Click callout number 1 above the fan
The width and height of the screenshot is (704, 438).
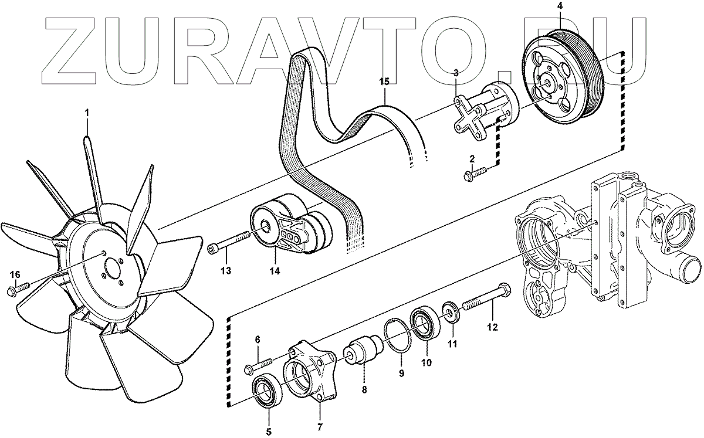87,111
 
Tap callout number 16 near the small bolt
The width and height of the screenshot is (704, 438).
15,274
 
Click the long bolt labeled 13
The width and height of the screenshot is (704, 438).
228,242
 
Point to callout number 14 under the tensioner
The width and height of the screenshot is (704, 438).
275,271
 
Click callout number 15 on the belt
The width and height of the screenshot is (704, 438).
384,82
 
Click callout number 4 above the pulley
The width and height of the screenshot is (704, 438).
560,6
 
